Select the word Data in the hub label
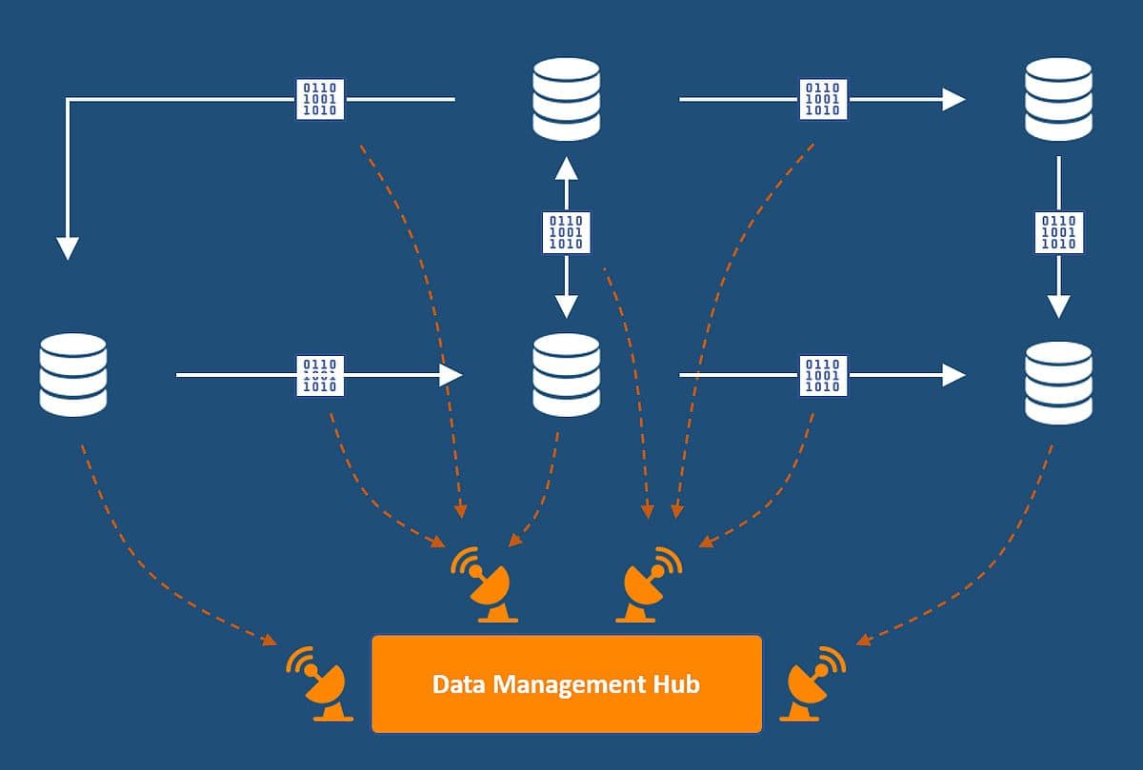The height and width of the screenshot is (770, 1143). click(454, 684)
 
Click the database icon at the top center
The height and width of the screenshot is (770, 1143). click(567, 98)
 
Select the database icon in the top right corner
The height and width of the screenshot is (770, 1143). click(1058, 98)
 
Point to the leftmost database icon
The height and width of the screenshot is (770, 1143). click(73, 374)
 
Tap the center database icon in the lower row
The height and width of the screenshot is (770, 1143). click(567, 374)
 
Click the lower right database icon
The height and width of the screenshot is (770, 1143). click(1058, 382)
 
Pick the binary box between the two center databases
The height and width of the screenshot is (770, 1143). click(567, 232)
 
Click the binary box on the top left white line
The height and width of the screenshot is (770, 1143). click(319, 99)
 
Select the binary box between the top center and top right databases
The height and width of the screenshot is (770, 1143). click(823, 99)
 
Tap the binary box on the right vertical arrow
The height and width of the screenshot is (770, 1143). click(1059, 232)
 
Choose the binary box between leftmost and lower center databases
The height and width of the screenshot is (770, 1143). click(319, 375)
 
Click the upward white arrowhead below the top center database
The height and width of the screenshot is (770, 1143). click(567, 168)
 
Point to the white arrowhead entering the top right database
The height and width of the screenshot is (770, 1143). click(953, 99)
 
